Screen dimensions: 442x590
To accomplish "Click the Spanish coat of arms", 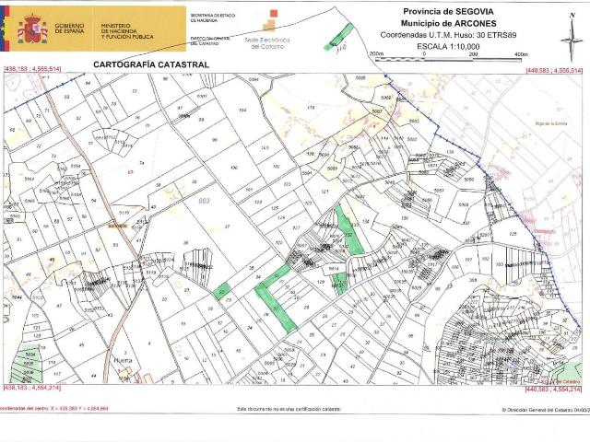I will point(34,29).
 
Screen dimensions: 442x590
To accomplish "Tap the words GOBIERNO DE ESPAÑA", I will point(71,30).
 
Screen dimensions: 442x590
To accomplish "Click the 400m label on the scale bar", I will point(521,55).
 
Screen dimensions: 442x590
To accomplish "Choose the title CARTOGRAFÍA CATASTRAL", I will point(151,64).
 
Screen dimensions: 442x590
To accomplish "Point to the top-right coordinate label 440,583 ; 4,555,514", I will point(553,70).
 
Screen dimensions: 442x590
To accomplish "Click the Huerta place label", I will point(123,362).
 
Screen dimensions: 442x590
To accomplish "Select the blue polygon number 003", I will point(205,200).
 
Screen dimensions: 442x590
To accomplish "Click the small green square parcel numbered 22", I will point(221,292).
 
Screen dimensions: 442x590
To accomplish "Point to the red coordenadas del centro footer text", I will point(55,408).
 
